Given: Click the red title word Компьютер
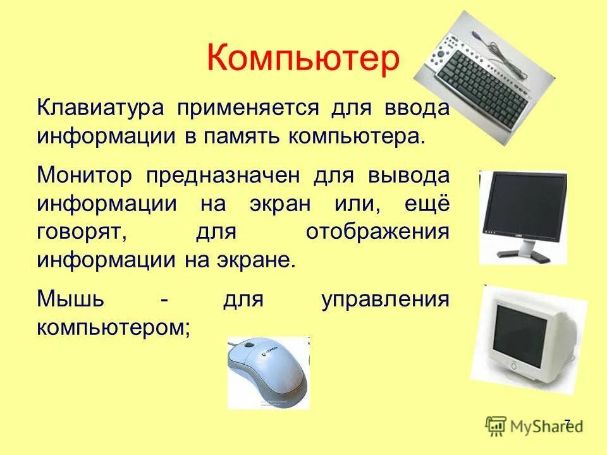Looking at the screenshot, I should pos(303,59).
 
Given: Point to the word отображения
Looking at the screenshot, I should pos(377,232).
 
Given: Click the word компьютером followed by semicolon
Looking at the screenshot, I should pos(113,327).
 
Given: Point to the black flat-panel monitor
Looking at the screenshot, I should pos(524,215).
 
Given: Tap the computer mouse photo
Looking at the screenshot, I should pos(269,373).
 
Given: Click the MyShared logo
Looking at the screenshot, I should pos(534,425).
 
